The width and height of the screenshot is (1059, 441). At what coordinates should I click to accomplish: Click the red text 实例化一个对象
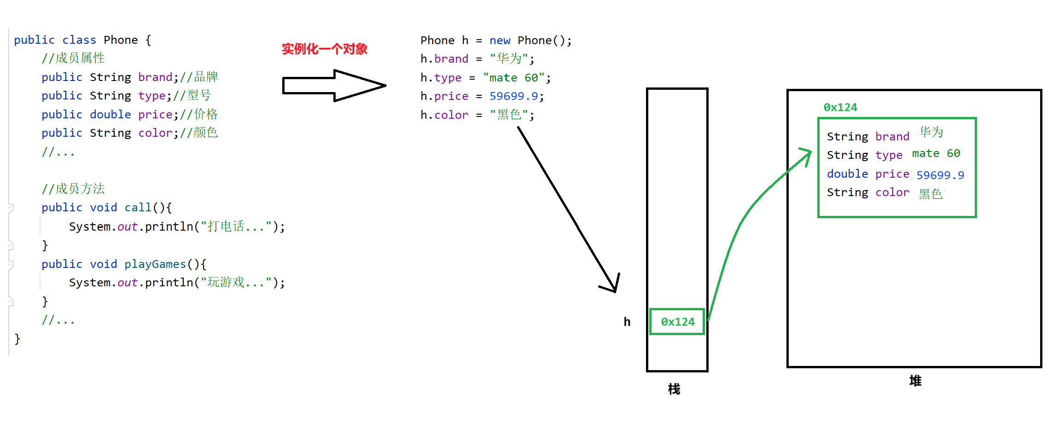324,49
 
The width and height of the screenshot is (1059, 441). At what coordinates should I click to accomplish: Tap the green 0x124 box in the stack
677,322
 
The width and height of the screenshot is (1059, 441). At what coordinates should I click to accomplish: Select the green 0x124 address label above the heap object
840,107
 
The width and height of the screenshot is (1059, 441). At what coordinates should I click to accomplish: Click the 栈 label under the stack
674,389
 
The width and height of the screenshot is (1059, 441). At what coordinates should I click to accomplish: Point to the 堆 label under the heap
915,381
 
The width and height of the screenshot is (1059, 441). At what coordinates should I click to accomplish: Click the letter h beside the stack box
627,322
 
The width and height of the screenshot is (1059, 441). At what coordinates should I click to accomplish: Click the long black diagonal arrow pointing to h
566,207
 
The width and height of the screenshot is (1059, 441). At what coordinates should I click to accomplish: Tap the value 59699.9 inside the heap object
940,175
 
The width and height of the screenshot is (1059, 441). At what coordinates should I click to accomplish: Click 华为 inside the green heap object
931,133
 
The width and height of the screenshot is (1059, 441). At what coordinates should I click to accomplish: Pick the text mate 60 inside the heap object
936,153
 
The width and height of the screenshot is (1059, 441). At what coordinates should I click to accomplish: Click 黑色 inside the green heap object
931,194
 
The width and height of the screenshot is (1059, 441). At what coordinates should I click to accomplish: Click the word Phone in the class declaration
121,40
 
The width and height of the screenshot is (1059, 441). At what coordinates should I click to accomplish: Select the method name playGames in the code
155,264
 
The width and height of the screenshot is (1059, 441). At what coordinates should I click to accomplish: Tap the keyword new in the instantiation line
500,41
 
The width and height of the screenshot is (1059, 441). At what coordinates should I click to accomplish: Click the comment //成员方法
73,189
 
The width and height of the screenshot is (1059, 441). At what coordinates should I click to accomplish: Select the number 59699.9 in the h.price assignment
513,96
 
